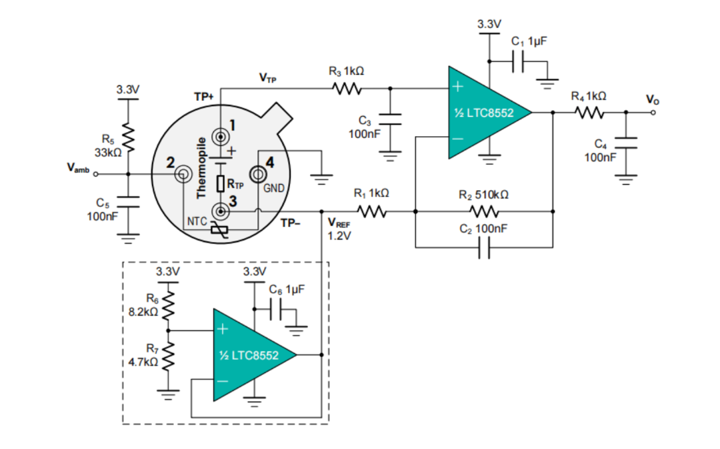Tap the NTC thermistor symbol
coord(219,230)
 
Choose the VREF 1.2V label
coord(339,230)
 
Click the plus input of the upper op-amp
coord(457,87)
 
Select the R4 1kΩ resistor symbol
coord(589,113)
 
